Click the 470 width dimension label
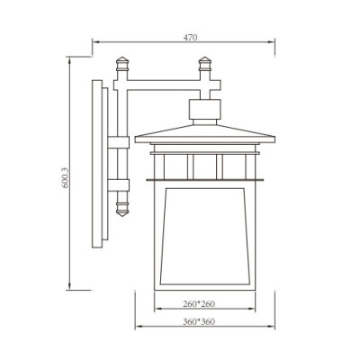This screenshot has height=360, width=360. pyautogui.click(x=190, y=37)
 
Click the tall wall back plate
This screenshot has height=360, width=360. pyautogui.click(x=96, y=162)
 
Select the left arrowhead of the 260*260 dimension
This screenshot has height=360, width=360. pyautogui.click(x=155, y=310)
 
